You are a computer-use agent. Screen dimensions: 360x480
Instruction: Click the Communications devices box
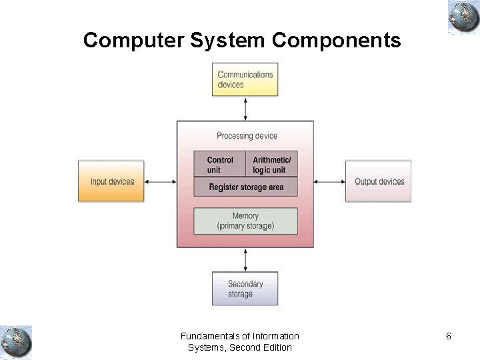(x=245, y=80)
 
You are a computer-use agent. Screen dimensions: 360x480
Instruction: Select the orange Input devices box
(x=111, y=181)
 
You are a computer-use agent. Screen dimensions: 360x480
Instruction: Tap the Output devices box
(x=379, y=181)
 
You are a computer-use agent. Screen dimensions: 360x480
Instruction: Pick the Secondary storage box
(x=245, y=289)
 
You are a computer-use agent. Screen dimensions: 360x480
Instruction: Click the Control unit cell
(x=220, y=165)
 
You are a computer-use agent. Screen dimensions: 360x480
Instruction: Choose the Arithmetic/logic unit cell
(x=271, y=165)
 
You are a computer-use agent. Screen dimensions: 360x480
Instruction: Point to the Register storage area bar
(x=245, y=187)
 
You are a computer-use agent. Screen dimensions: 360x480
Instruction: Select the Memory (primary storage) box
(x=245, y=221)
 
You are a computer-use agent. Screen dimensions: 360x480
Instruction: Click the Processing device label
(x=247, y=136)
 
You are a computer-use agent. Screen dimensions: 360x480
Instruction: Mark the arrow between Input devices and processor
(x=161, y=181)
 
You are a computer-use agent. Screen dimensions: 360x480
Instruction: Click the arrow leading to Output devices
(x=329, y=181)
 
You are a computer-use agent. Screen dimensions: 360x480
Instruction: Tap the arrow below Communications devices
(x=246, y=109)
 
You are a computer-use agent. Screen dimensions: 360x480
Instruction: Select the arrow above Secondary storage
(x=246, y=260)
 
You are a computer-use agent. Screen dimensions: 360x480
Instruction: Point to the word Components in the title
(x=337, y=41)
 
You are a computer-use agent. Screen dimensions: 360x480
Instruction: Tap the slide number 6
(x=449, y=336)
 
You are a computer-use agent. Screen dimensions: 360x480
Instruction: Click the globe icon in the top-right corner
(x=464, y=17)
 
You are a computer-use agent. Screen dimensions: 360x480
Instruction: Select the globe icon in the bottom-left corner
(x=16, y=342)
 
